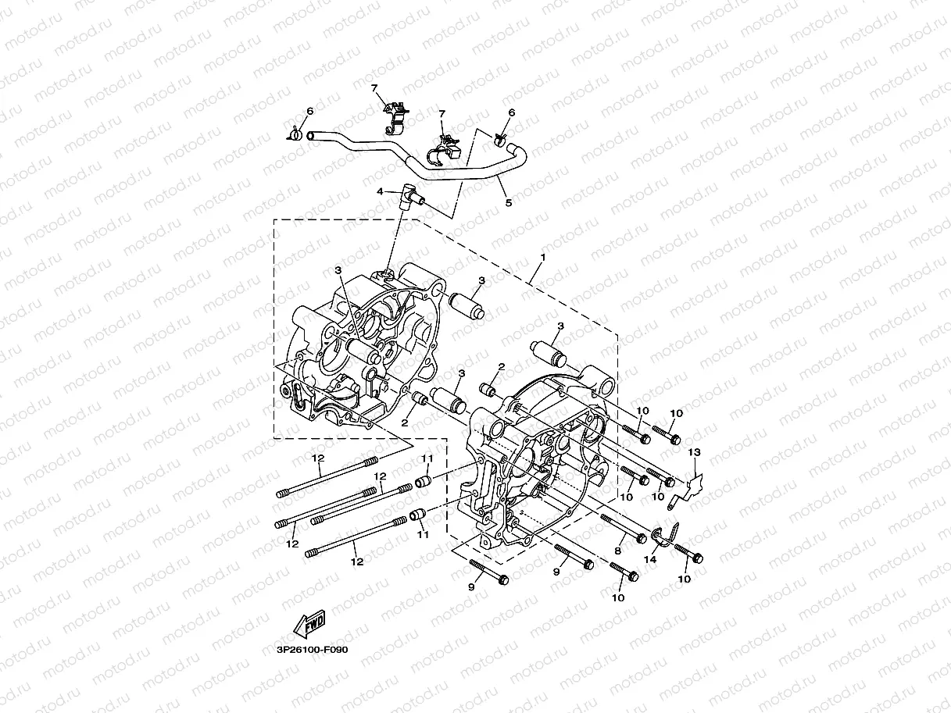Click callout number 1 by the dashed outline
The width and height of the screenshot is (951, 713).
coord(542,257)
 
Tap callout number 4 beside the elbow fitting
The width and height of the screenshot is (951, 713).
coord(380,191)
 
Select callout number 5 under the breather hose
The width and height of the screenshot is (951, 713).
coord(508,203)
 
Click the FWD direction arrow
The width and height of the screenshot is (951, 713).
coord(309,622)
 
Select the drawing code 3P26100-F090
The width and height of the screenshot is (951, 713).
coord(311,649)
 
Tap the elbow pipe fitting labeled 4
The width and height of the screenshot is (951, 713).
coord(409,197)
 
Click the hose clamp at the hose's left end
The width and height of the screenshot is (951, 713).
coord(295,135)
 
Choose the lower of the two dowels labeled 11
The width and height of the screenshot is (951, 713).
coord(417,515)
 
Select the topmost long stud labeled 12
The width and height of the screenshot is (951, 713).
coord(327,477)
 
